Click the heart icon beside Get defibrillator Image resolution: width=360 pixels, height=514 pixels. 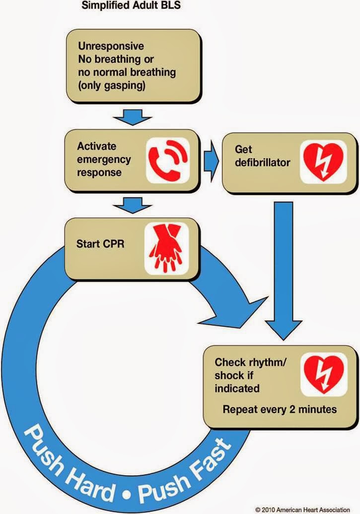pyautogui.click(x=323, y=161)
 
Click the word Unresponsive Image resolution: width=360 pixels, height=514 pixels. pyautogui.click(x=111, y=46)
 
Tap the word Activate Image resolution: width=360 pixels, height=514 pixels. pyautogui.click(x=96, y=147)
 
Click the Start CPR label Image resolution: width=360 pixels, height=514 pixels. pyautogui.click(x=100, y=244)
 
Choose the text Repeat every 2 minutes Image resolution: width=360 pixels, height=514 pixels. pyautogui.click(x=280, y=410)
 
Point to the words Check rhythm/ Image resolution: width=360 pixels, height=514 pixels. pyautogui.click(x=250, y=363)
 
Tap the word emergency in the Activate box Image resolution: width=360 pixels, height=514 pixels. pyautogui.click(x=104, y=159)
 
